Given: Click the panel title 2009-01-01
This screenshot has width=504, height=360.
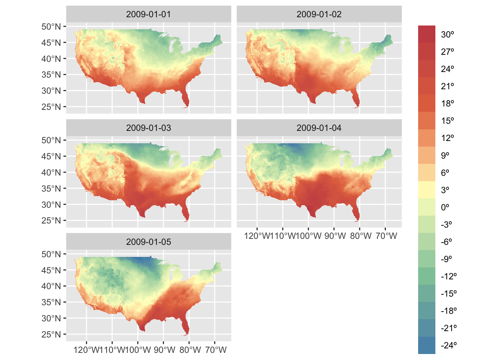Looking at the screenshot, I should (148, 14).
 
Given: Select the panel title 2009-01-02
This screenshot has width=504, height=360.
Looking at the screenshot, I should (319, 14).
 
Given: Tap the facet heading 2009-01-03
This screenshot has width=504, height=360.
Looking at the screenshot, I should (148, 128).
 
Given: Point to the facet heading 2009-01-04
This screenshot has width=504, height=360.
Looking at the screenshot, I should (319, 128).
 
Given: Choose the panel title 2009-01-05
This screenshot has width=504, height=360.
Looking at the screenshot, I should (148, 242).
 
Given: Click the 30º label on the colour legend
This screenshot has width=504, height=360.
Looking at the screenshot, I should (447, 34).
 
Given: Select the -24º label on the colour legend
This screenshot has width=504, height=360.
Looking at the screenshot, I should (448, 345).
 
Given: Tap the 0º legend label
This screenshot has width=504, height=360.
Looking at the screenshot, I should (445, 207).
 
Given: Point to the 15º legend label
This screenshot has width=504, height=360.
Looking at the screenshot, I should (447, 121).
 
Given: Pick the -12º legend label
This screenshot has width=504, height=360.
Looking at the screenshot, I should (448, 276).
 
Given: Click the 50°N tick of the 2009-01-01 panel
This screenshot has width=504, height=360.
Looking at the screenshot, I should (51, 27).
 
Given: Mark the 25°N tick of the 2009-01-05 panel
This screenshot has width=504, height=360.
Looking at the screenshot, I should (51, 334).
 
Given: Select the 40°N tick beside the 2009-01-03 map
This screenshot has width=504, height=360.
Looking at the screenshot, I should (51, 172).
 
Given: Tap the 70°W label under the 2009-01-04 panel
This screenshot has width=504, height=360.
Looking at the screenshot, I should (386, 236).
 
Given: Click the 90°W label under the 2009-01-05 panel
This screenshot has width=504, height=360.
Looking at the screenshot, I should (165, 350).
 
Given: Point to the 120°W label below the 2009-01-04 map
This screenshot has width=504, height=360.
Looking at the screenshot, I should (257, 236).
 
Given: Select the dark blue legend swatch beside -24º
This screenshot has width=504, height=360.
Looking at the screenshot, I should (427, 345).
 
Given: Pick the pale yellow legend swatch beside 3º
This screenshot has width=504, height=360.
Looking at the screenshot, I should (427, 190).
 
